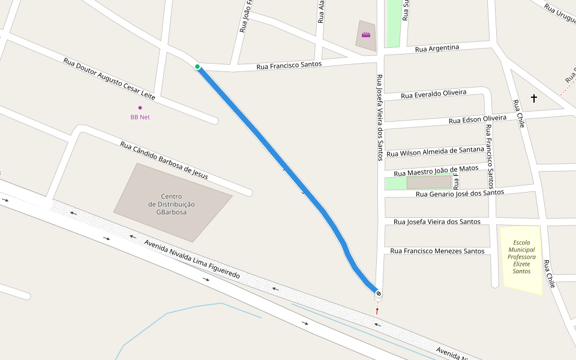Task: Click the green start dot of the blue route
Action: [197, 67]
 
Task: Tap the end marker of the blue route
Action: [378, 293]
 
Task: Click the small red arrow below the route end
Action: [377, 310]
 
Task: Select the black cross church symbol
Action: [533, 97]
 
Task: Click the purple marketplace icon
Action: [366, 35]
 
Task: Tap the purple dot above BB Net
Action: [140, 108]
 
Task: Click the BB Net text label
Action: [140, 117]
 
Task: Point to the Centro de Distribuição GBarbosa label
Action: [171, 204]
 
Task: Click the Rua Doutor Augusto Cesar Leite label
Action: [109, 79]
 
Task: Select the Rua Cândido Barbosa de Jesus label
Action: [164, 160]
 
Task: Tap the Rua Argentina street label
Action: [437, 48]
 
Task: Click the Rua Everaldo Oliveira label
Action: [433, 94]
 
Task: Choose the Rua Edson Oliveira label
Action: [478, 120]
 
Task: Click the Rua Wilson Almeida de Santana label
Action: [435, 152]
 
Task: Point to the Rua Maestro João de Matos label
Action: [436, 171]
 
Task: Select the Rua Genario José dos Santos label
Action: [460, 193]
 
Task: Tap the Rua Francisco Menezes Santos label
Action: [437, 251]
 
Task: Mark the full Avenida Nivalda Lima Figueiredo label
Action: [192, 259]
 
